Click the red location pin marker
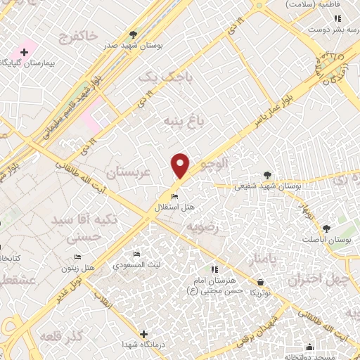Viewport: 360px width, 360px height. pos(181,166)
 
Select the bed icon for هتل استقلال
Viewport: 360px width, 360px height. pos(175,196)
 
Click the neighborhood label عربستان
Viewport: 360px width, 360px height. pos(129,171)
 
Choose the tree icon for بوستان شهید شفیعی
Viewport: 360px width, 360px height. pos(266,175)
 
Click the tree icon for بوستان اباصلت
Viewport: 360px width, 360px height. pos(326,228)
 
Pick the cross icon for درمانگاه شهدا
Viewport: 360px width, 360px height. pos(144,334)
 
